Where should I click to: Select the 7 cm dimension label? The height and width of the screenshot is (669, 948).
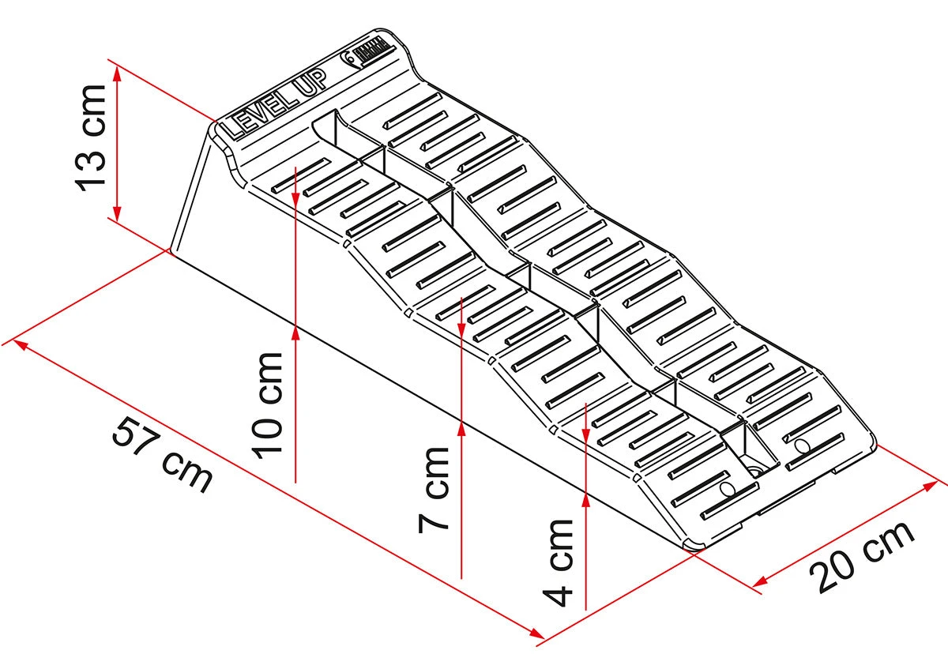[x=434, y=487]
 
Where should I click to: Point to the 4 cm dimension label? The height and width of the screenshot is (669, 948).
[x=560, y=562]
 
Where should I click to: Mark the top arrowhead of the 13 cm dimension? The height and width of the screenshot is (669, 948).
[x=117, y=73]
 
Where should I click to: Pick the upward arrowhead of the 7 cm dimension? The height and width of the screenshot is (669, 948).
[x=460, y=427]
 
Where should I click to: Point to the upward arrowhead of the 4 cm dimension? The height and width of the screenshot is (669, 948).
[x=585, y=498]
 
